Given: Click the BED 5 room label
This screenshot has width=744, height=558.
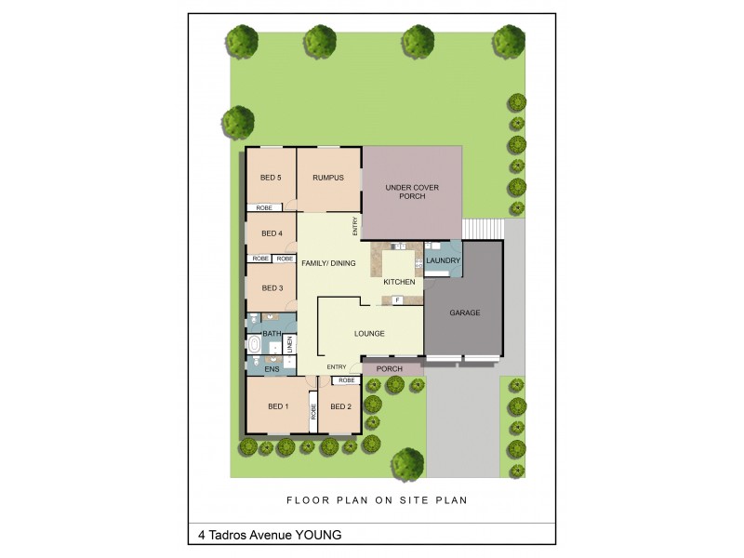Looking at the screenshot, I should (271, 178).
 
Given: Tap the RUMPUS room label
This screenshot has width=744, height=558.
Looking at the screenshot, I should (328, 178).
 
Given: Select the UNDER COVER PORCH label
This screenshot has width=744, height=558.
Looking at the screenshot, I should (412, 192).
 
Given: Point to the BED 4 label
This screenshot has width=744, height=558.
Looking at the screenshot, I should (272, 233).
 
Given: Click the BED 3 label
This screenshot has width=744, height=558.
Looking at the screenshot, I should (272, 288).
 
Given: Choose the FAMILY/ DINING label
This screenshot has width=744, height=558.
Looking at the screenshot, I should (328, 264).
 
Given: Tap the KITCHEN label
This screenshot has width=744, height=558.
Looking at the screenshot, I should (399, 282).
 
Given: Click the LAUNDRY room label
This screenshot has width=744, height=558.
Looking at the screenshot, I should (443, 260).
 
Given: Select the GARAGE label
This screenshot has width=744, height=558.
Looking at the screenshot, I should (465, 312).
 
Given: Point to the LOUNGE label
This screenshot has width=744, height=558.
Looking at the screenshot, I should (369, 333).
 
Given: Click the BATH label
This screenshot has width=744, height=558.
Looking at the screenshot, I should (272, 333).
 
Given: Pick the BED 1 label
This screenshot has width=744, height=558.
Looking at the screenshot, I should (278, 406).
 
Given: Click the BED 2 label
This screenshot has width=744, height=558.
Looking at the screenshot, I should (340, 406).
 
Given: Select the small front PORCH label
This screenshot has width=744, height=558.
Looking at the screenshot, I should (390, 369).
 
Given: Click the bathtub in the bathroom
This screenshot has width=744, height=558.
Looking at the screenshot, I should (254, 345).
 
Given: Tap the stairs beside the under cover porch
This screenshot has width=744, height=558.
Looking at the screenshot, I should (483, 229).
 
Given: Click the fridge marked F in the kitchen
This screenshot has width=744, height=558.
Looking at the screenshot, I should (397, 300).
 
